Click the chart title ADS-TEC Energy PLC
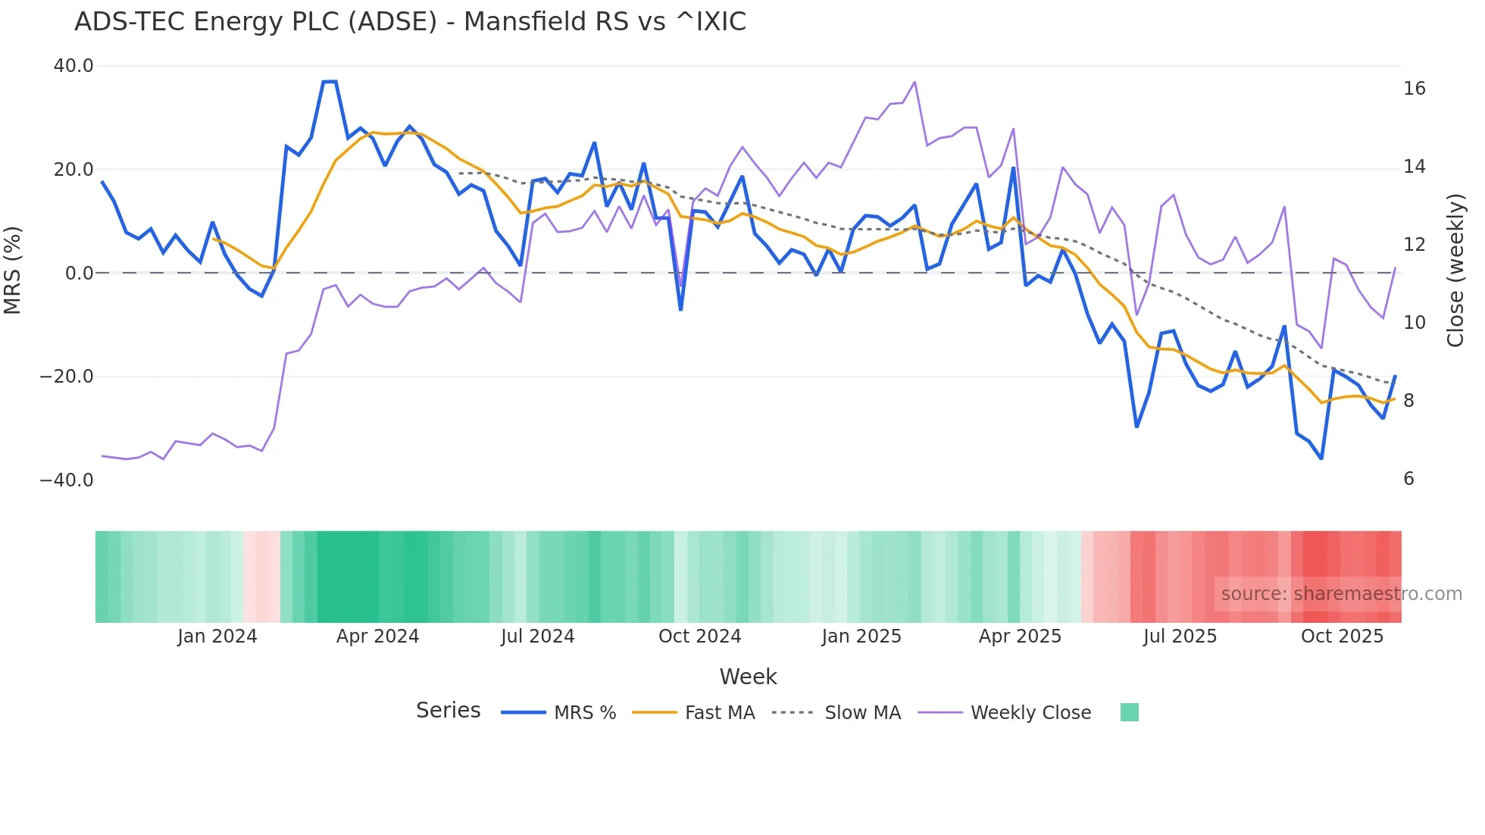click(410, 22)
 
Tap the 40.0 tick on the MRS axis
click(73, 66)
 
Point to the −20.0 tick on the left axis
click(67, 377)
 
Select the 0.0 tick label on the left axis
click(79, 273)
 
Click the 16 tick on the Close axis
click(1414, 89)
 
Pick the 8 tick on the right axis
click(1408, 400)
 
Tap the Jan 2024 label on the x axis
click(217, 636)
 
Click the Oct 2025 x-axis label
click(1342, 636)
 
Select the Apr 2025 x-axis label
click(1020, 636)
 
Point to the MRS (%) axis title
click(13, 270)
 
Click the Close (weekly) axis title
click(1455, 270)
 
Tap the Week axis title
click(748, 677)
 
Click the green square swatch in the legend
click(1129, 712)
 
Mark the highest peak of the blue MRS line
click(330, 81)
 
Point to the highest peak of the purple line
click(915, 82)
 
